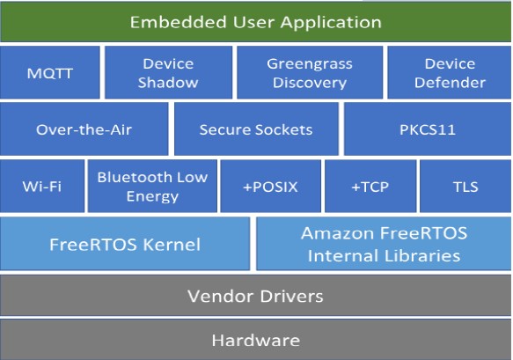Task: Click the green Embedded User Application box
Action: pyautogui.click(x=256, y=22)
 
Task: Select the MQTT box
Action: pyautogui.click(x=50, y=72)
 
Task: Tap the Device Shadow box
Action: pyautogui.click(x=168, y=72)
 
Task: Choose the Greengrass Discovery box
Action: pyautogui.click(x=310, y=72)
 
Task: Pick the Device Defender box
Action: pyautogui.click(x=450, y=72)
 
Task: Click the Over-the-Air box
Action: pyautogui.click(x=84, y=129)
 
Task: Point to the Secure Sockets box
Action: pyautogui.click(x=256, y=129)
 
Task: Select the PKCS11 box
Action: pyautogui.click(x=428, y=129)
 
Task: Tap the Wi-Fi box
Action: pyautogui.click(x=42, y=187)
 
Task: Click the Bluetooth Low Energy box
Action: pyautogui.click(x=152, y=187)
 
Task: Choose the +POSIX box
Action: pyautogui.click(x=270, y=187)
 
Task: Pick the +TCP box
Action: pyautogui.click(x=370, y=187)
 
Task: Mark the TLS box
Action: pyautogui.click(x=465, y=187)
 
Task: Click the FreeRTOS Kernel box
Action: pyautogui.click(x=125, y=244)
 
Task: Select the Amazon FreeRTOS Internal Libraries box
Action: pyautogui.click(x=384, y=244)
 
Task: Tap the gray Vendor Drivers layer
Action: pyautogui.click(x=255, y=296)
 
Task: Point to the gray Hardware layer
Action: pyautogui.click(x=255, y=340)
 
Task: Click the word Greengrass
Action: pyautogui.click(x=310, y=64)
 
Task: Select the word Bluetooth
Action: pyautogui.click(x=135, y=177)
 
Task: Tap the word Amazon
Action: pyautogui.click(x=338, y=233)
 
